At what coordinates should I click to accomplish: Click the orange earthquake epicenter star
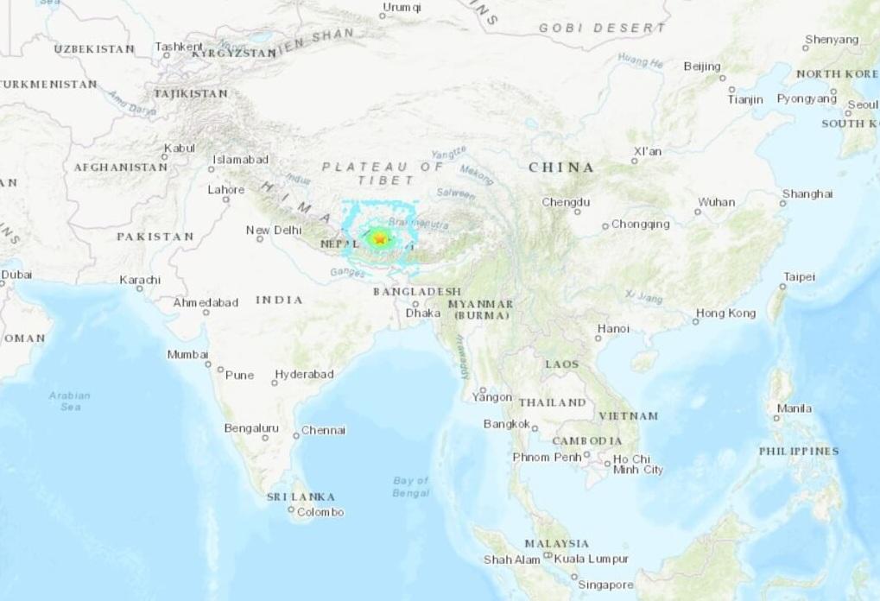pos(380,238)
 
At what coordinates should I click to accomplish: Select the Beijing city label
pos(701,66)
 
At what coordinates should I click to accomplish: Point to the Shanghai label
pos(807,193)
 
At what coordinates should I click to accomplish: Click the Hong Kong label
pos(725,313)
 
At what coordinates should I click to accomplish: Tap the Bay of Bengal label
pos(411,486)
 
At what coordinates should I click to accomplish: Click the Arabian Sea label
pos(70,401)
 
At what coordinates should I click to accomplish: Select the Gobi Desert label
pos(602,28)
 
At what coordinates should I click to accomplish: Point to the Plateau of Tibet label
pos(382,173)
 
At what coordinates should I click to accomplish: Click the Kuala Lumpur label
pos(591,559)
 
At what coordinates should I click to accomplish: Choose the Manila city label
pos(795,408)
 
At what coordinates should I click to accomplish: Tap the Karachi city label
pos(141,280)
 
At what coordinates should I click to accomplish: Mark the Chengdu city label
pos(566,202)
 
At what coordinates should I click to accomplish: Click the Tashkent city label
pos(179,47)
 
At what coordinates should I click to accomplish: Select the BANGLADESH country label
pos(416,292)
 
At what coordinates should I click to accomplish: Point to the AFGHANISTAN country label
pos(120,167)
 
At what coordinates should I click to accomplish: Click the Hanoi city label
pos(613,328)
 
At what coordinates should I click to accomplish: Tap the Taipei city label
pos(798,277)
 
